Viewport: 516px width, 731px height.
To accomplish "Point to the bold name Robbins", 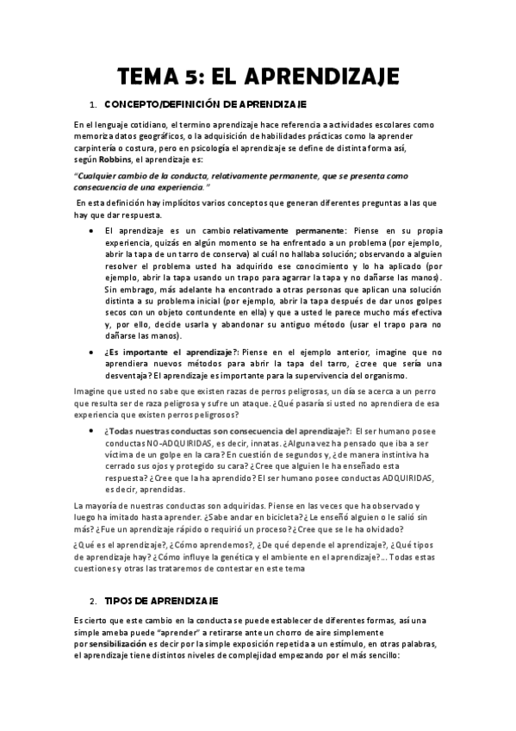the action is coord(115,159).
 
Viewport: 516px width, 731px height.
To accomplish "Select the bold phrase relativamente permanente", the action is coord(288,231).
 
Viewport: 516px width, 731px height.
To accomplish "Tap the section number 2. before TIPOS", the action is coord(93,576).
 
